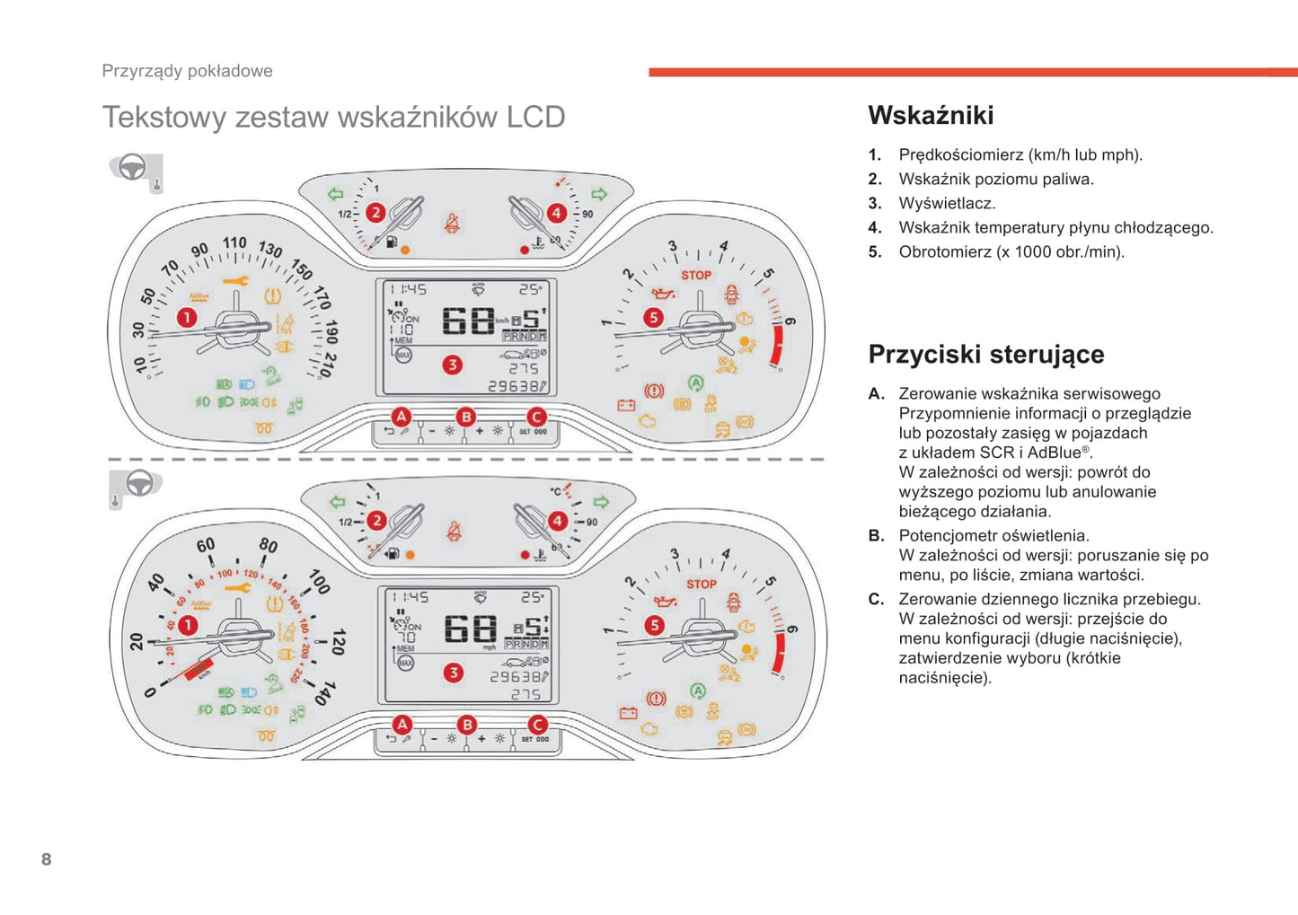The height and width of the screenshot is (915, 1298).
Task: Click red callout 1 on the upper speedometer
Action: pyautogui.click(x=186, y=317)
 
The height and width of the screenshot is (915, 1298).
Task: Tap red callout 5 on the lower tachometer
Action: pyautogui.click(x=655, y=625)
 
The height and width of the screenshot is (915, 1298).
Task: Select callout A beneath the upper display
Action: pyautogui.click(x=401, y=417)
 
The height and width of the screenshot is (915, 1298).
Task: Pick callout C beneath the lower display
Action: pyautogui.click(x=537, y=725)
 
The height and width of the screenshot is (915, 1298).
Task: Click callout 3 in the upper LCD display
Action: pyautogui.click(x=453, y=365)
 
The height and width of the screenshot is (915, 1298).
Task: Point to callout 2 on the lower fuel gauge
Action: pyautogui.click(x=377, y=521)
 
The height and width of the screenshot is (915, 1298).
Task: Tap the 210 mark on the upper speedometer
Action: pyautogui.click(x=328, y=364)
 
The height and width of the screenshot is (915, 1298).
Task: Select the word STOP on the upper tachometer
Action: pyautogui.click(x=696, y=275)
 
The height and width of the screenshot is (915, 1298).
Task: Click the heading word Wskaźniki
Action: pyautogui.click(x=931, y=116)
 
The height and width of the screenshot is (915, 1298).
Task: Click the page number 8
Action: pyautogui.click(x=47, y=859)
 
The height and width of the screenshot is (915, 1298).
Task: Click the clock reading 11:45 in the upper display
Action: pyautogui.click(x=409, y=290)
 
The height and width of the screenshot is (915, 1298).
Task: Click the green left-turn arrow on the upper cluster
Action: pyautogui.click(x=336, y=194)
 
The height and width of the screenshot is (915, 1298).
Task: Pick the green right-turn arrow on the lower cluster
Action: pyautogui.click(x=601, y=502)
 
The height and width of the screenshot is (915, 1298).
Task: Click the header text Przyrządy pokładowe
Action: pyautogui.click(x=187, y=71)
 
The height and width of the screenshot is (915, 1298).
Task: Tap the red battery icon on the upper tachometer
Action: pyautogui.click(x=626, y=406)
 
